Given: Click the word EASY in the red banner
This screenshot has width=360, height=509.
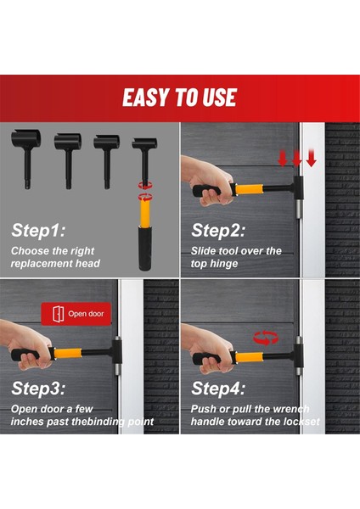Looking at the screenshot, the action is click(x=147, y=97).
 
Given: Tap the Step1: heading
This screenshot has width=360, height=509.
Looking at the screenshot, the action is click(x=38, y=231).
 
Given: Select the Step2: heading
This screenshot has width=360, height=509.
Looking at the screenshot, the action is click(x=218, y=231).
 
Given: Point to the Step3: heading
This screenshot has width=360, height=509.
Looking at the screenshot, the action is click(x=38, y=389).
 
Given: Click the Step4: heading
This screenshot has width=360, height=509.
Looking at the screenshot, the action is click(x=218, y=389).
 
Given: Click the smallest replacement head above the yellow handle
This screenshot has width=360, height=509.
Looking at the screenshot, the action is click(x=144, y=160).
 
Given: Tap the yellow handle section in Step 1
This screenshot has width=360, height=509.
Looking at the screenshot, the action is click(x=144, y=213).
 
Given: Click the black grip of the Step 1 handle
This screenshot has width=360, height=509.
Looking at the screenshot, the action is click(x=144, y=249).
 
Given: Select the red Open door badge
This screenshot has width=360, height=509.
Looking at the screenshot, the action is click(x=76, y=314).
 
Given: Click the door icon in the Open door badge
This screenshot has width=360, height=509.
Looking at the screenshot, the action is click(x=58, y=314).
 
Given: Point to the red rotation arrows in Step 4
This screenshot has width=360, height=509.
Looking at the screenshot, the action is click(x=266, y=338).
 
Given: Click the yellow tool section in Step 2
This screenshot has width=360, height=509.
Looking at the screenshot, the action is click(x=249, y=189).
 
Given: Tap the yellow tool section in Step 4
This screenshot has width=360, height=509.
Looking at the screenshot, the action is click(x=249, y=357).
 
